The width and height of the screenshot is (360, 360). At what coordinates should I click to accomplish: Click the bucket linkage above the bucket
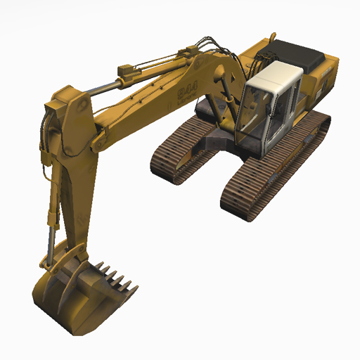(x=70, y=253)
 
